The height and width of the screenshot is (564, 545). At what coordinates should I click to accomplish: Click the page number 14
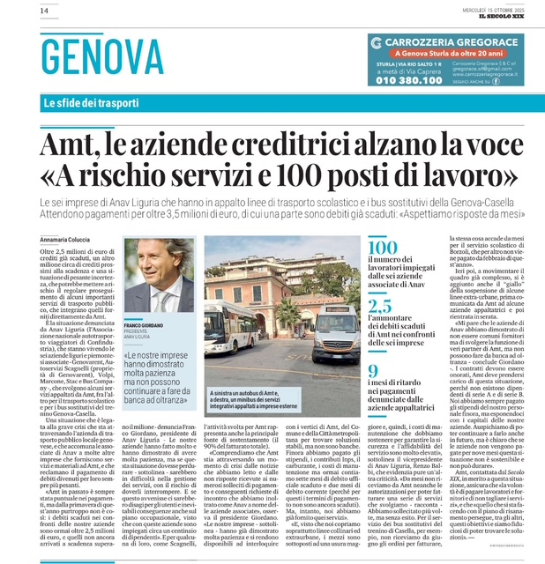pyautogui.click(x=19, y=10)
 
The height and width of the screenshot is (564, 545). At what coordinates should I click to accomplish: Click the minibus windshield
pyautogui.click(x=336, y=315)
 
